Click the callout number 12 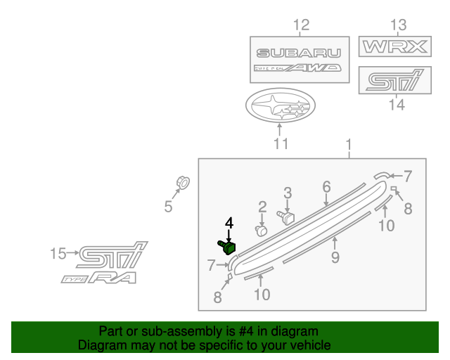[300, 26]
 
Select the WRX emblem [394, 48]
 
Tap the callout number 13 [398, 26]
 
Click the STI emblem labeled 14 [394, 80]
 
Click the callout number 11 [281, 144]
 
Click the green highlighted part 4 [226, 247]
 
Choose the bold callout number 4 [229, 223]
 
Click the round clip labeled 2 [262, 230]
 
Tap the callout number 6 [326, 186]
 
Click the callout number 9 [335, 257]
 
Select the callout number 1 [348, 146]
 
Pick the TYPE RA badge [98, 278]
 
